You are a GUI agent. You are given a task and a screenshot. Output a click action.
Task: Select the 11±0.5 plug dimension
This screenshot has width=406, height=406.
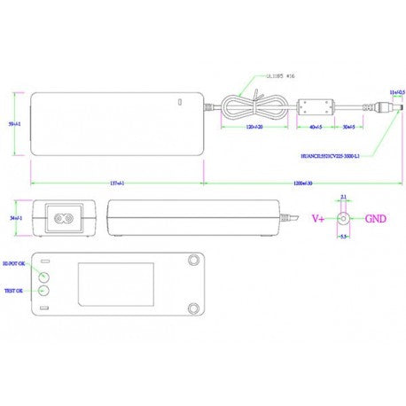(x=394, y=91)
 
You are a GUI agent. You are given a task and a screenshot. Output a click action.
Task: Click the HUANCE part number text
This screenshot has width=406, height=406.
(x=332, y=154)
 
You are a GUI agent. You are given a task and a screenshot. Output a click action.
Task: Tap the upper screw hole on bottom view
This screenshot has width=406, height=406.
(x=194, y=260)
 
